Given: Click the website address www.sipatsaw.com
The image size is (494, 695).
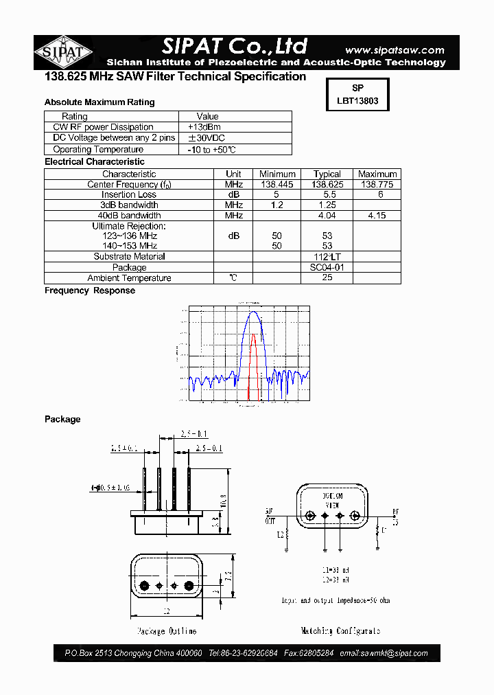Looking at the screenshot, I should tap(394, 50).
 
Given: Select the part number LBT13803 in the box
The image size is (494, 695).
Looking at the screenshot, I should tap(357, 100).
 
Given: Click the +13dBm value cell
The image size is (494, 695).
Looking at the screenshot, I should tap(204, 127).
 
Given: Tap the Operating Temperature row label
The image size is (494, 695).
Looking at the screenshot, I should tap(98, 150).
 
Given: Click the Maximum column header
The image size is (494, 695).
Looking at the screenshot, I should tap(377, 174).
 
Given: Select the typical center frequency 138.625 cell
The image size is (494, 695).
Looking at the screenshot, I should tap(327, 185).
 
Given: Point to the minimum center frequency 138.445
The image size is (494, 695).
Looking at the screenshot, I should tap(277, 185).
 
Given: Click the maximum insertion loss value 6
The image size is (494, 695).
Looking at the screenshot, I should tap(377, 195).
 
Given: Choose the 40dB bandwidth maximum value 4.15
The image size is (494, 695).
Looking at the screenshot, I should tap(377, 216).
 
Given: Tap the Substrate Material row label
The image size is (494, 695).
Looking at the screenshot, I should tap(129, 257).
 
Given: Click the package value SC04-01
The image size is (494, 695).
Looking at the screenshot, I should tap(327, 267).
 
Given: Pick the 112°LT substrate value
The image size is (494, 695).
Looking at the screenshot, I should tap(327, 257).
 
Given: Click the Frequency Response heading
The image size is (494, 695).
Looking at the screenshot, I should tap(90, 290).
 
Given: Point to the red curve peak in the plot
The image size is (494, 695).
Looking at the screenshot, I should tap(254, 334).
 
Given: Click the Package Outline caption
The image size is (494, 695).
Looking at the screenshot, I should tap(166, 630).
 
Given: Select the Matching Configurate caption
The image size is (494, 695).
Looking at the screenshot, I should tap(340, 630).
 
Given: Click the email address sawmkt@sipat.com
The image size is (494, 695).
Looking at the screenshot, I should tap(384, 653).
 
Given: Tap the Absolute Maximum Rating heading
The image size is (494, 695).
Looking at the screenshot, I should tap(99, 102).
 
